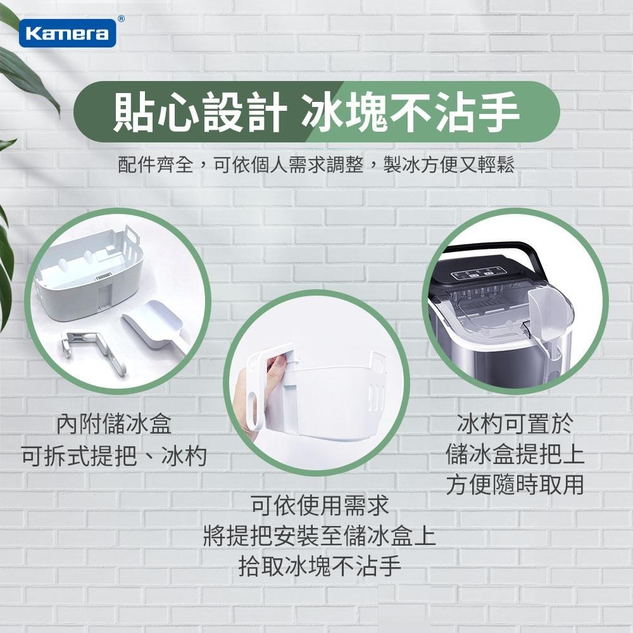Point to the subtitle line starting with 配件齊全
click(316, 165)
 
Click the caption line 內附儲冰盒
click(114, 423)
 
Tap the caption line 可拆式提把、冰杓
click(114, 455)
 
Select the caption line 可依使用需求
click(320, 506)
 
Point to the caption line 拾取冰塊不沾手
click(320, 565)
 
